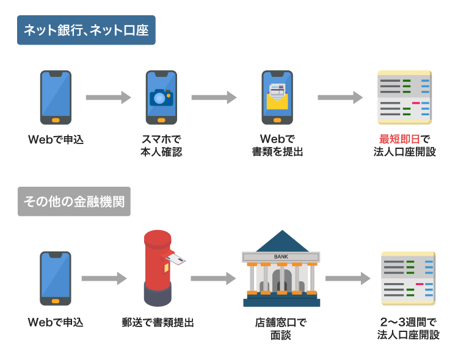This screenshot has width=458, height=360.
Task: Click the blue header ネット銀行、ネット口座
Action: (86, 30)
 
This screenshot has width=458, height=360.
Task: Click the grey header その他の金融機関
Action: (74, 201)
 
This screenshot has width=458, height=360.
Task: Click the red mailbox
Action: (158, 268)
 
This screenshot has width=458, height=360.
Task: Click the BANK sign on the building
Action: (281, 256)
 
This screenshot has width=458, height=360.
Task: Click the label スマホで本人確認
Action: (161, 145)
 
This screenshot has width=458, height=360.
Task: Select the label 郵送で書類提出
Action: (158, 322)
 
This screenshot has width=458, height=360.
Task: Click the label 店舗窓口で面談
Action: (281, 328)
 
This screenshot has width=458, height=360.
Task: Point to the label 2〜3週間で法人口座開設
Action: (408, 328)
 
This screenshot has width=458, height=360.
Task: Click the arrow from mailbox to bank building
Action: (213, 279)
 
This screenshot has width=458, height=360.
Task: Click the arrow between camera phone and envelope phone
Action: (214, 98)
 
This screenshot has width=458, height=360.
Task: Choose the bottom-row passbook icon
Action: (408, 278)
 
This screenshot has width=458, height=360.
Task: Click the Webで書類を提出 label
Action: (277, 145)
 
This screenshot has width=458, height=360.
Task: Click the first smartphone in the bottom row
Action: (56, 278)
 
